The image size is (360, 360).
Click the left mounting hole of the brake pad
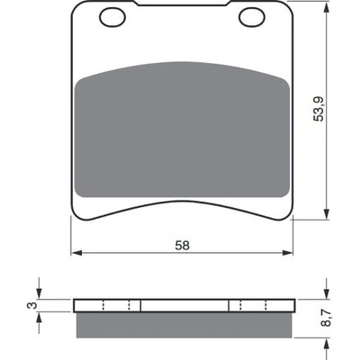(112, 17)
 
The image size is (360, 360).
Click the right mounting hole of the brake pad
(252, 17)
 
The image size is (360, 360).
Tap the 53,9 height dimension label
(319, 109)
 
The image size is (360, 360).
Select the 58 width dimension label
(183, 246)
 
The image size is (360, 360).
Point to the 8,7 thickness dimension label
(327, 318)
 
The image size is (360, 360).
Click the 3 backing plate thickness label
(33, 305)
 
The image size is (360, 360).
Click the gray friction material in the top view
(182, 130)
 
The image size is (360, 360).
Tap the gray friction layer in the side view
(184, 325)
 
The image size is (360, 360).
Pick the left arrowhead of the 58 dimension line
(76, 253)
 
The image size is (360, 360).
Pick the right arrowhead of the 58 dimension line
(287, 253)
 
